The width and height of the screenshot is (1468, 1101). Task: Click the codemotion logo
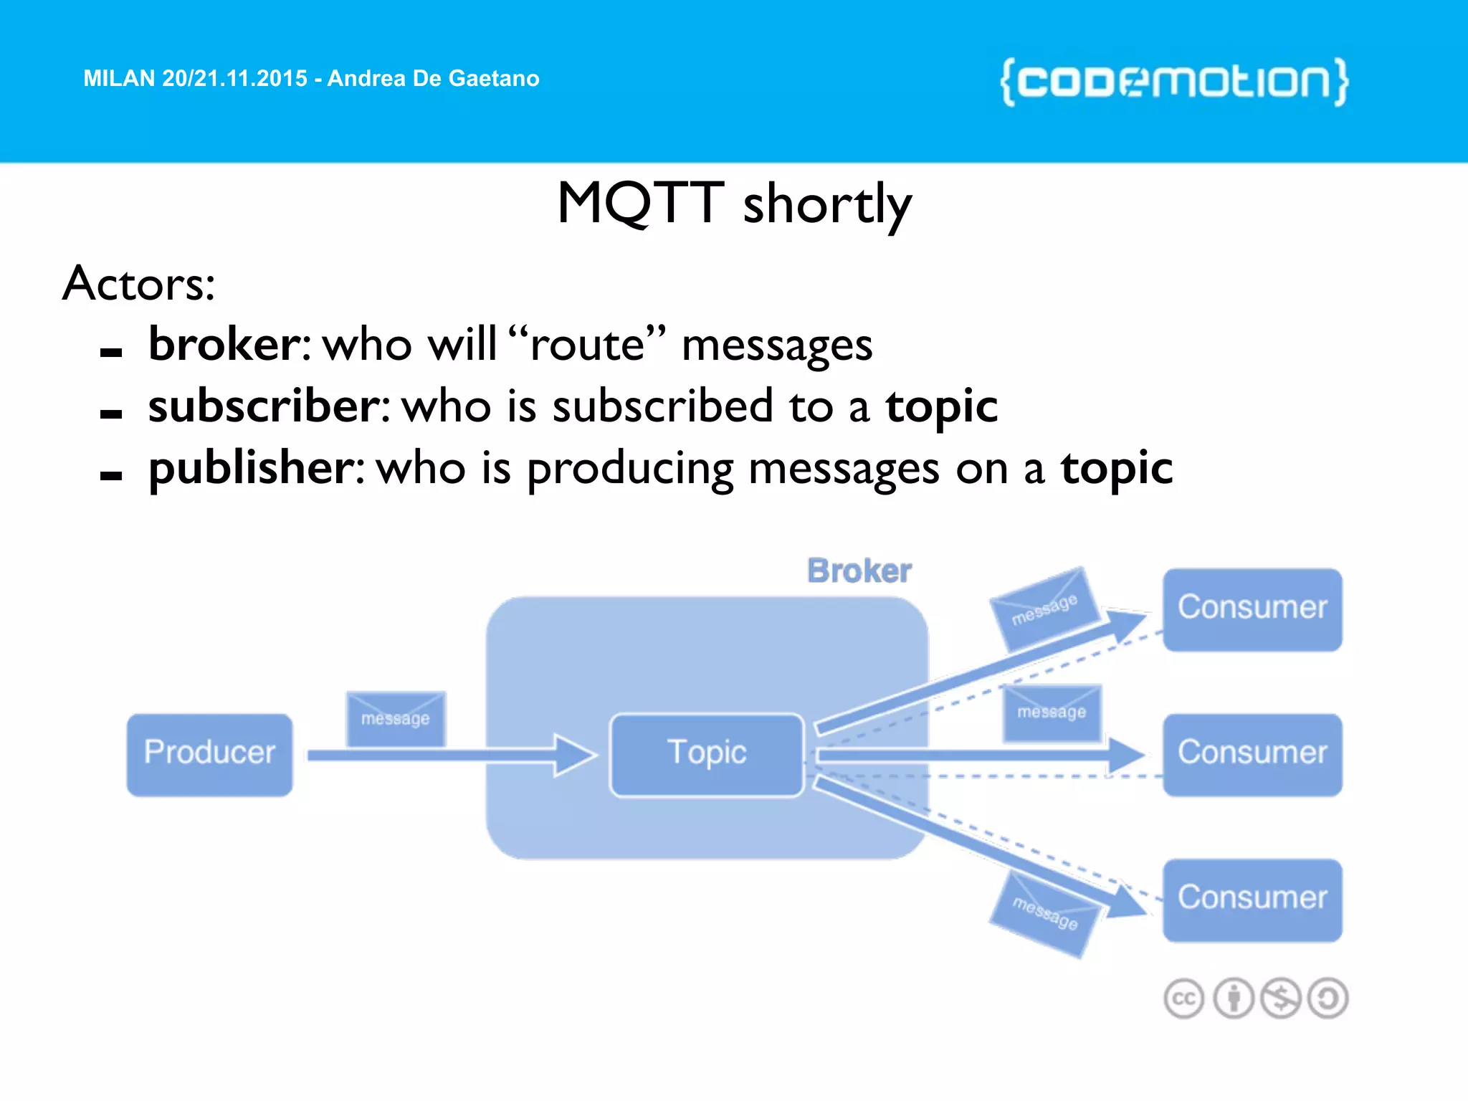[1174, 82]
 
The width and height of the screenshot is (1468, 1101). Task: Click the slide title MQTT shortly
[734, 204]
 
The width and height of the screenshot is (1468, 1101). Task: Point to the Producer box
[209, 754]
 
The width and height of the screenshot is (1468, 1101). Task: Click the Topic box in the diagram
[707, 754]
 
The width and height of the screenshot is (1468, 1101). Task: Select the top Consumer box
[1252, 609]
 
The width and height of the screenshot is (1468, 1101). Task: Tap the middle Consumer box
[1252, 754]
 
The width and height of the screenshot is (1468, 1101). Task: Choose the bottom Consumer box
[1252, 900]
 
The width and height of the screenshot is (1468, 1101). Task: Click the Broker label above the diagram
[859, 571]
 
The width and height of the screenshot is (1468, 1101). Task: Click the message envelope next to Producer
[396, 718]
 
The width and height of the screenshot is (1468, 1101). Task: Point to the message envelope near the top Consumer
[1044, 608]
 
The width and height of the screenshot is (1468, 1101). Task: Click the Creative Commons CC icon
[1183, 998]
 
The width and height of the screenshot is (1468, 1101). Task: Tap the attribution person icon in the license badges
[1233, 998]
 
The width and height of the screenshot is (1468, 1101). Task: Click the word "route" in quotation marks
[587, 344]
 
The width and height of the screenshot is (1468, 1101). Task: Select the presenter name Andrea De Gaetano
[433, 78]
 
